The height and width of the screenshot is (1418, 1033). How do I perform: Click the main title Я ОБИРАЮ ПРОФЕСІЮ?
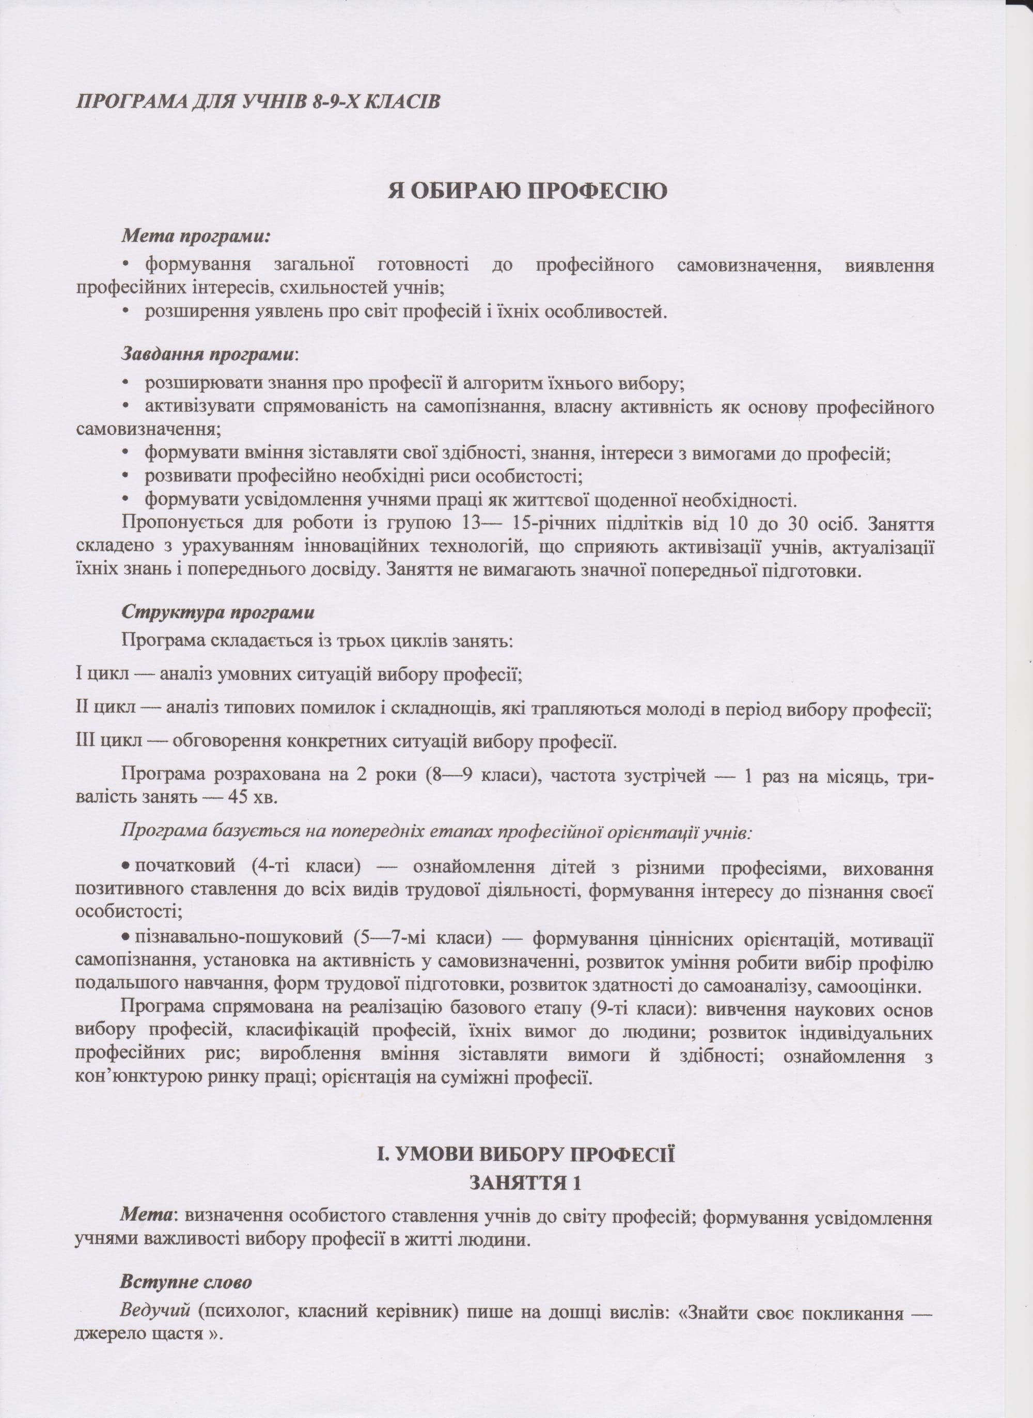(x=528, y=191)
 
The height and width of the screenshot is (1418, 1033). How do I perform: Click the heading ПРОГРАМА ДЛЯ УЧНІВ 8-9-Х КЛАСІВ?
(x=258, y=102)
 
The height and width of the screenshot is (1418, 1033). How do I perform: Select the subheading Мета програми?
(x=196, y=237)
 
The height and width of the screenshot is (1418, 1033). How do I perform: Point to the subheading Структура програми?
(x=217, y=611)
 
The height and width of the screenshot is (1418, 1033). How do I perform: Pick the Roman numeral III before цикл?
(x=86, y=741)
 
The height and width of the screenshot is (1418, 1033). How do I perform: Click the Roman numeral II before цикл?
(x=83, y=709)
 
